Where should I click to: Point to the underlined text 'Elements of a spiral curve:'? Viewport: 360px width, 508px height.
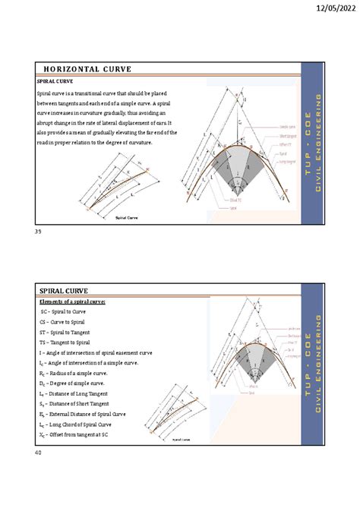point(72,301)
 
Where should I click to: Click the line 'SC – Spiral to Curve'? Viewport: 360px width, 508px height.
point(64,311)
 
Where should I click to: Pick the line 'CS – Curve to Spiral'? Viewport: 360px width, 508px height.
point(64,322)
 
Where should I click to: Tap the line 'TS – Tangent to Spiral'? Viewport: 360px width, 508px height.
point(66,342)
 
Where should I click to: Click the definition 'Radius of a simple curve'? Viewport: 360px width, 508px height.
point(83,374)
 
